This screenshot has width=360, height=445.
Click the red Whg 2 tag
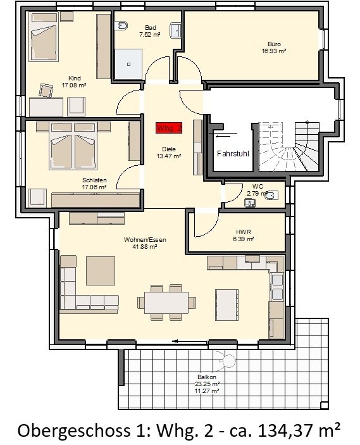[x=169, y=128]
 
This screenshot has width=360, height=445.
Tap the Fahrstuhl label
[x=233, y=154]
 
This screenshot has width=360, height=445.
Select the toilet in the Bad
[x=121, y=26]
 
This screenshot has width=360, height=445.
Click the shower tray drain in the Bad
[x=128, y=65]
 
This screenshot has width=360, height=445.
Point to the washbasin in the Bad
[x=175, y=30]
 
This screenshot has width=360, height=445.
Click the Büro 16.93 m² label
[x=274, y=47]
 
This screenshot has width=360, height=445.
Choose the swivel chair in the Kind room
[x=46, y=91]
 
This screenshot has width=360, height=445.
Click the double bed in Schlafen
[x=73, y=146]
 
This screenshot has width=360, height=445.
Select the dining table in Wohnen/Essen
[x=166, y=303]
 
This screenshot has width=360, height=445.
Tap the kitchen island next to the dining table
[x=227, y=305]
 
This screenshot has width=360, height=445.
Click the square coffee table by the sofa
[x=101, y=271]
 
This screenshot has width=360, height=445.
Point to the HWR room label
[x=244, y=235]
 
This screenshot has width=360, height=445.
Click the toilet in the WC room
[x=271, y=195]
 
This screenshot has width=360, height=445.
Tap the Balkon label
[x=207, y=377]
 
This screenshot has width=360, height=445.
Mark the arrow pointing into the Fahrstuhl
[x=226, y=136]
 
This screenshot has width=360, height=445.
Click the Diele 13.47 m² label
[x=169, y=153]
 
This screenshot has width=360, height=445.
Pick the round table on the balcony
[x=228, y=361]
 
